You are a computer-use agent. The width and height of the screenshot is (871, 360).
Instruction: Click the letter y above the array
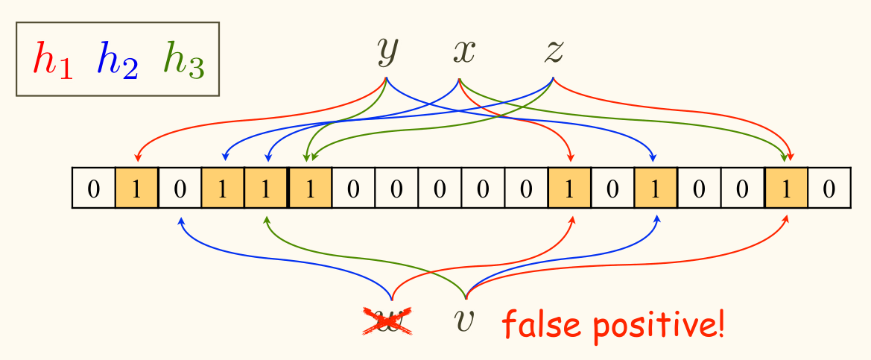pyautogui.click(x=387, y=52)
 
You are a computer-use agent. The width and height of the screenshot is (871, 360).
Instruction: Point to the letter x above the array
pyautogui.click(x=463, y=52)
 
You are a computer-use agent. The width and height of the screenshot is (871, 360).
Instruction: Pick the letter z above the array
pyautogui.click(x=553, y=52)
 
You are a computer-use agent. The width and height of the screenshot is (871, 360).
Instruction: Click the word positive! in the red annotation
pyautogui.click(x=656, y=326)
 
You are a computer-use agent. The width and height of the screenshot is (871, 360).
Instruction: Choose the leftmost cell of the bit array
pyautogui.click(x=93, y=189)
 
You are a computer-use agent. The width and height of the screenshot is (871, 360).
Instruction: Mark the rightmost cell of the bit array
pyautogui.click(x=829, y=189)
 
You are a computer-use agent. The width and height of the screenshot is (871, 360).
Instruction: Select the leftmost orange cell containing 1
pyautogui.click(x=136, y=189)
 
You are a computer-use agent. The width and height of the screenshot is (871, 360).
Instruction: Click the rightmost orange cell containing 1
pyautogui.click(x=786, y=189)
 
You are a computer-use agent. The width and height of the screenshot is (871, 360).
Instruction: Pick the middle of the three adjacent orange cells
pyautogui.click(x=266, y=189)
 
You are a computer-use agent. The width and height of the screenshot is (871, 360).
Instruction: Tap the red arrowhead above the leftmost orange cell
pyautogui.click(x=137, y=157)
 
